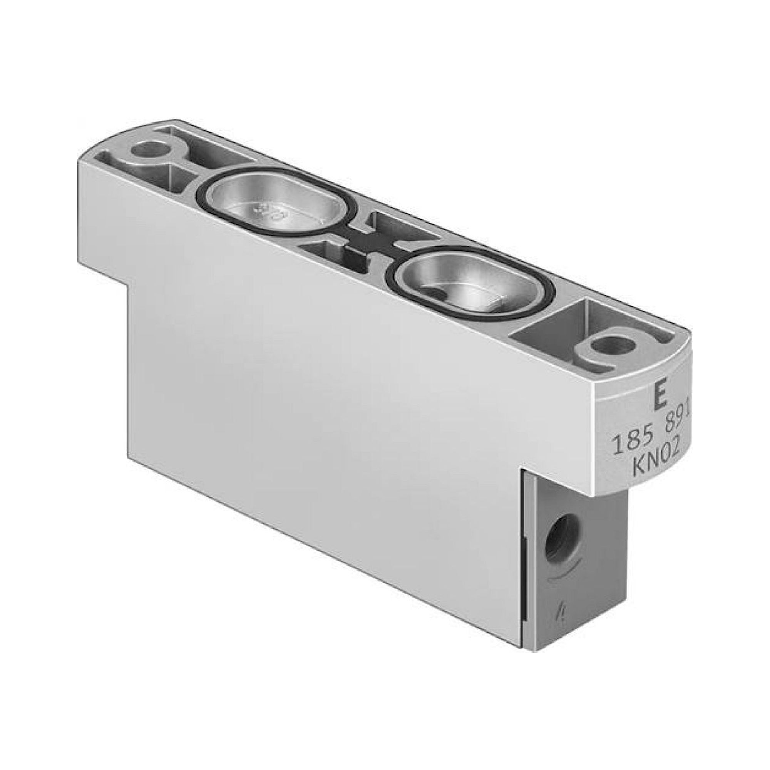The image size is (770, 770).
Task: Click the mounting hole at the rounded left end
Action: [146, 151]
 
